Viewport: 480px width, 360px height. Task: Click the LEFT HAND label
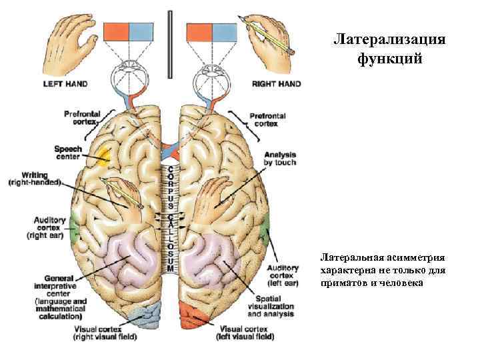[65, 84]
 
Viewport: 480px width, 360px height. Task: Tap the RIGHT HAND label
[276, 84]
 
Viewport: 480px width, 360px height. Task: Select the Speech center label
[68, 153]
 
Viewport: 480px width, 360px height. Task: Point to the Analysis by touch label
[279, 158]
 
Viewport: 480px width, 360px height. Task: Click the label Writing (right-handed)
[35, 177]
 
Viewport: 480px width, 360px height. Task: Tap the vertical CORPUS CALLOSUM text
[171, 213]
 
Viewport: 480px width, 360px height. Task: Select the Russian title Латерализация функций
[389, 49]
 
